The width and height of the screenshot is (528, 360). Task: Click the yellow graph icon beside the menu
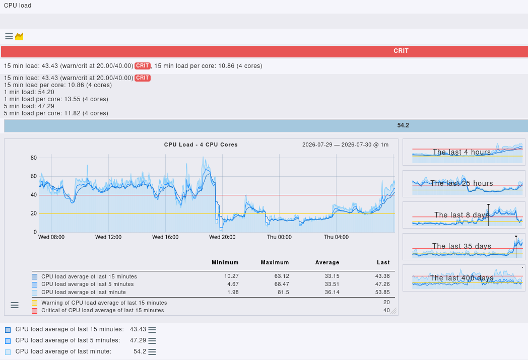click(x=19, y=36)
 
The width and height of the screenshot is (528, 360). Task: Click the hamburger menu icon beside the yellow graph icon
click(x=9, y=36)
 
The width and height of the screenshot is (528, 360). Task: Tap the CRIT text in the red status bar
click(x=401, y=51)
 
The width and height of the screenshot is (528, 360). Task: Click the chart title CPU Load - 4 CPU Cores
click(x=201, y=145)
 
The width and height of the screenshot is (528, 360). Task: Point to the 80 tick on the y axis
click(x=34, y=158)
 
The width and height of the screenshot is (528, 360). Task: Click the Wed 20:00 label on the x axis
click(x=222, y=237)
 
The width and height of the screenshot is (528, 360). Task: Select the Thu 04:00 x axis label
click(x=336, y=237)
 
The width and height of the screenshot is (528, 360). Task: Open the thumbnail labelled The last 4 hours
click(x=464, y=152)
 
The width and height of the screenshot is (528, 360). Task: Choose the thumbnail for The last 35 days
click(x=464, y=247)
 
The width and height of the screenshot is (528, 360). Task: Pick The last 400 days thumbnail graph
click(x=464, y=278)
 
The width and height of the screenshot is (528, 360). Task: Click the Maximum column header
click(x=275, y=262)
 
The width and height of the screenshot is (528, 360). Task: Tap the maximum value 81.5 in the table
click(x=283, y=293)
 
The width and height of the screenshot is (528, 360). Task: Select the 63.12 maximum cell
click(x=282, y=276)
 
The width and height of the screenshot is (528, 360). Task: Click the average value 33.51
click(x=332, y=284)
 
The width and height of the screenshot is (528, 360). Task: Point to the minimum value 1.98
click(x=233, y=293)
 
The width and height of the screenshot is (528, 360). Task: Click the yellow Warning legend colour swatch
click(x=34, y=303)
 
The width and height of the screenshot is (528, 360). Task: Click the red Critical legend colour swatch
click(x=34, y=311)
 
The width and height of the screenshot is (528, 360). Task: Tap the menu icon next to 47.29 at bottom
click(x=152, y=340)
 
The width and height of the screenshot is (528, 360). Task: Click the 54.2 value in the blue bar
click(x=403, y=125)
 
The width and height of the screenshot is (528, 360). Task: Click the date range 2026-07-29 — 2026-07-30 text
click(x=345, y=145)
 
